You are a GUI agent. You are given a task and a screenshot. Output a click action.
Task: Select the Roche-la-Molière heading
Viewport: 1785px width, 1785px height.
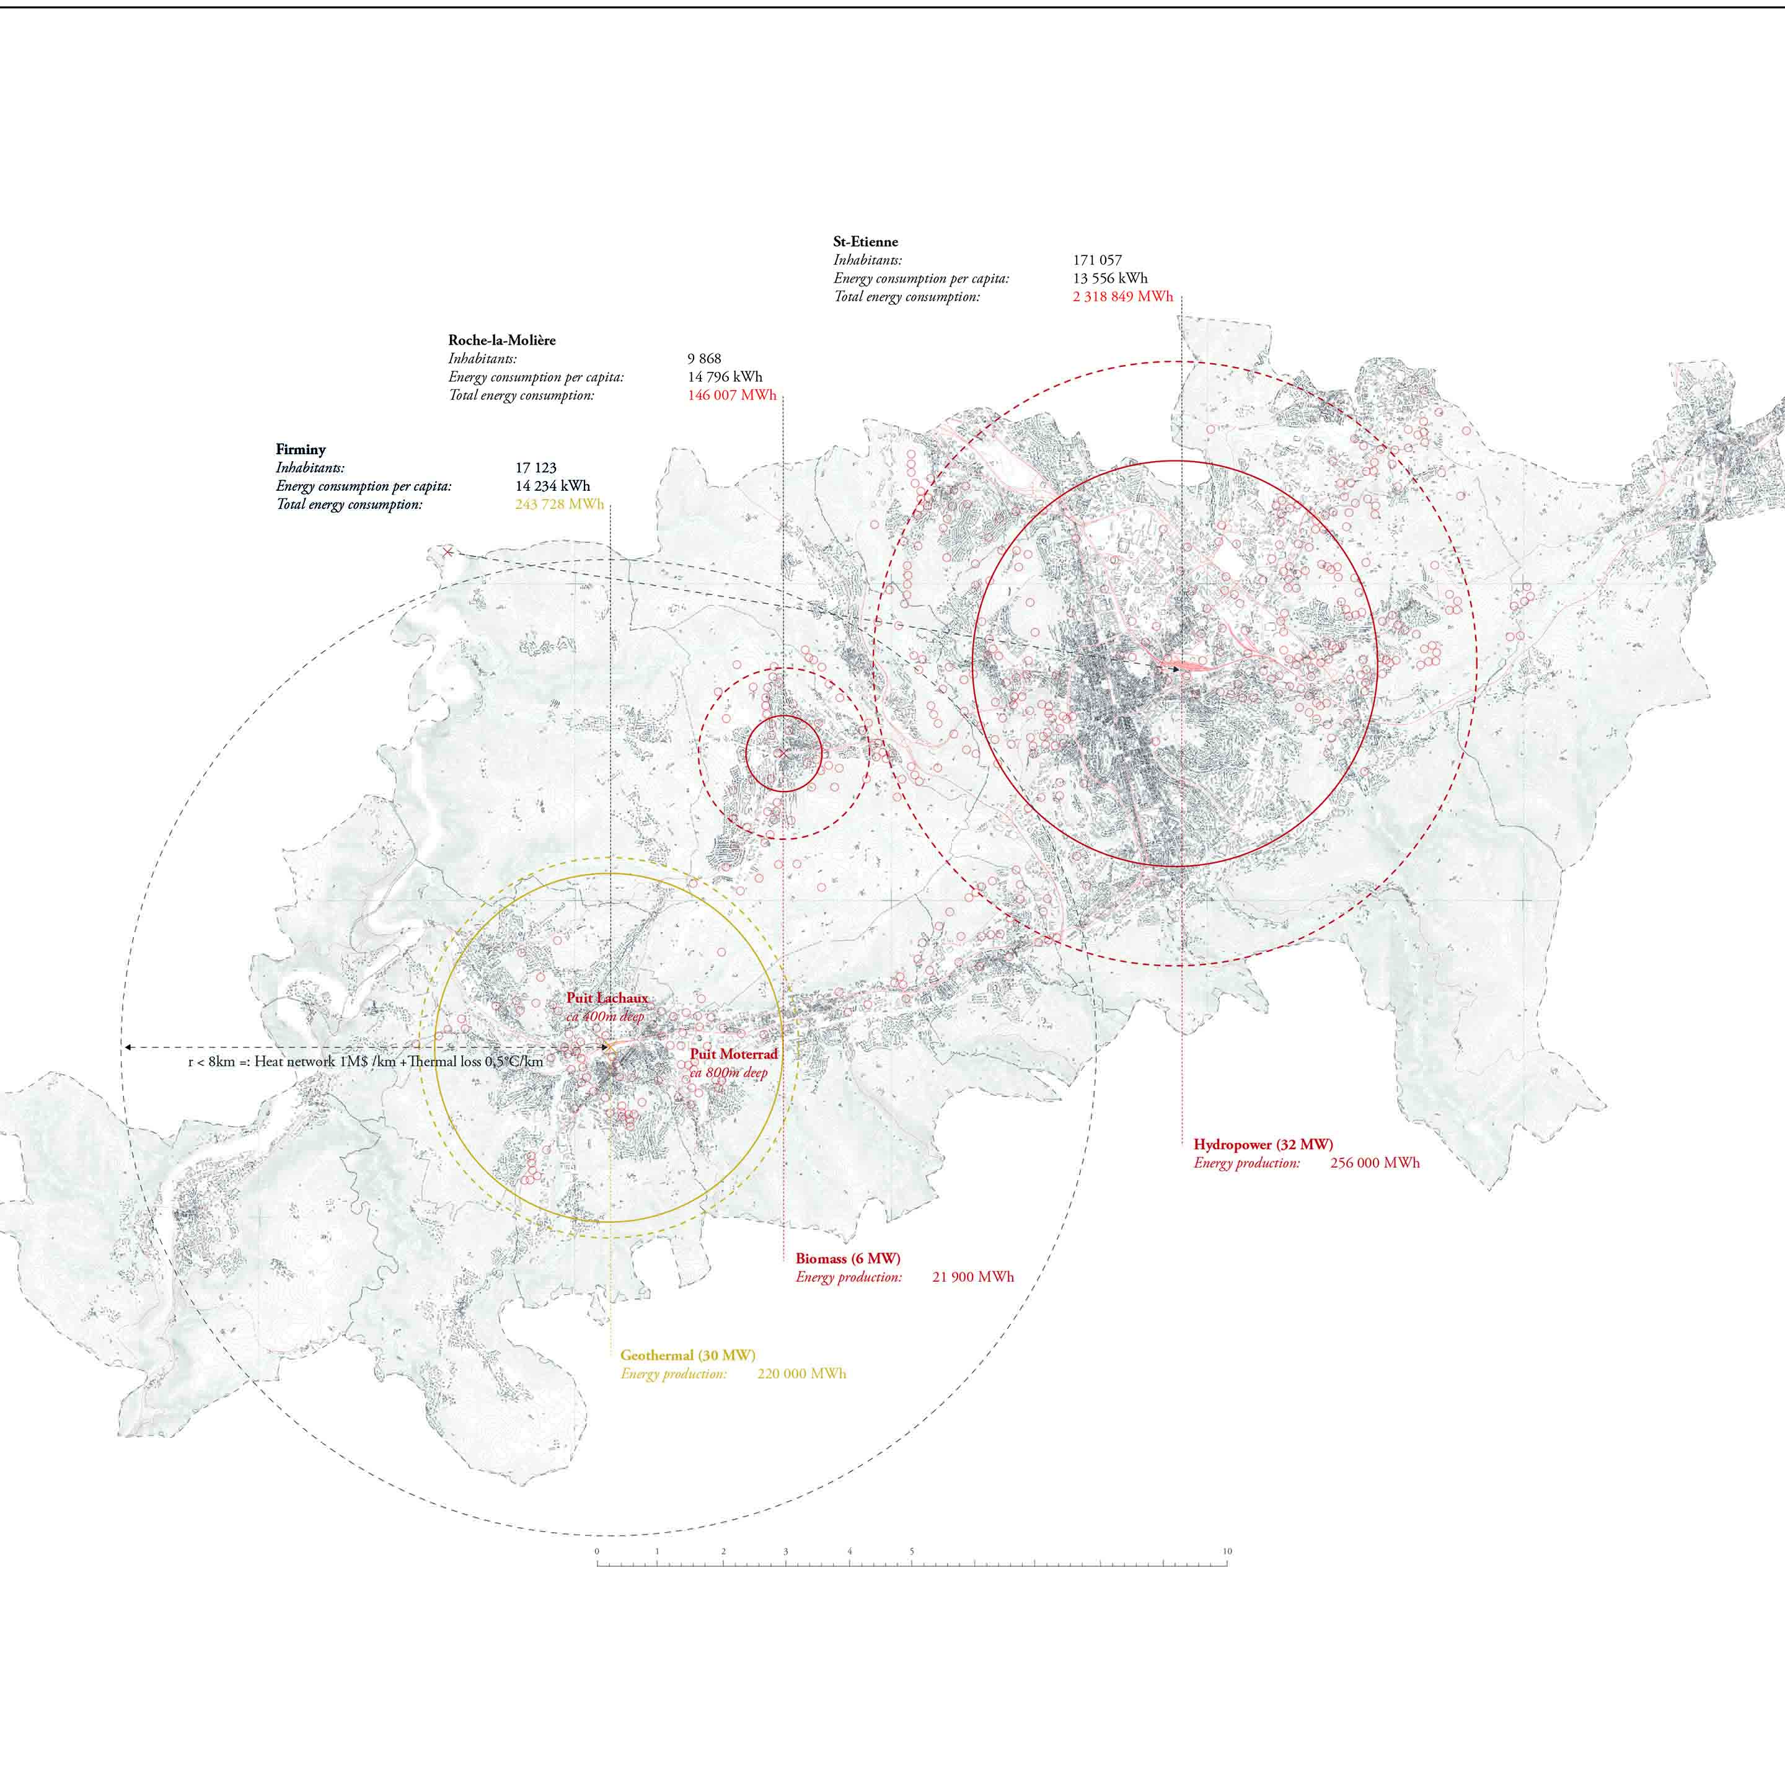501,340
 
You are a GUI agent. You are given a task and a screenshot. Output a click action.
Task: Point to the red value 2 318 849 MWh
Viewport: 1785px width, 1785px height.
1122,297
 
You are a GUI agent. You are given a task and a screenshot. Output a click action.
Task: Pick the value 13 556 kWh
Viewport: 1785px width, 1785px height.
1109,278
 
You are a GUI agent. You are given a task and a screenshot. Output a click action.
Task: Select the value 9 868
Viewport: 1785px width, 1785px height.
704,358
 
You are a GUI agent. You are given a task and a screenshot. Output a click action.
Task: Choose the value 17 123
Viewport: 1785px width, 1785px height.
536,467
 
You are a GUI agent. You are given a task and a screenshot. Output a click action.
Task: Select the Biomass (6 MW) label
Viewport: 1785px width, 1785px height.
847,1258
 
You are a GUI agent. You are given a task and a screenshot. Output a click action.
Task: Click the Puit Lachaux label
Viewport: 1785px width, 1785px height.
607,998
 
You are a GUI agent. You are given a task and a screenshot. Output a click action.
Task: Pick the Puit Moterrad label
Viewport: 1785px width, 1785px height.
734,1054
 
